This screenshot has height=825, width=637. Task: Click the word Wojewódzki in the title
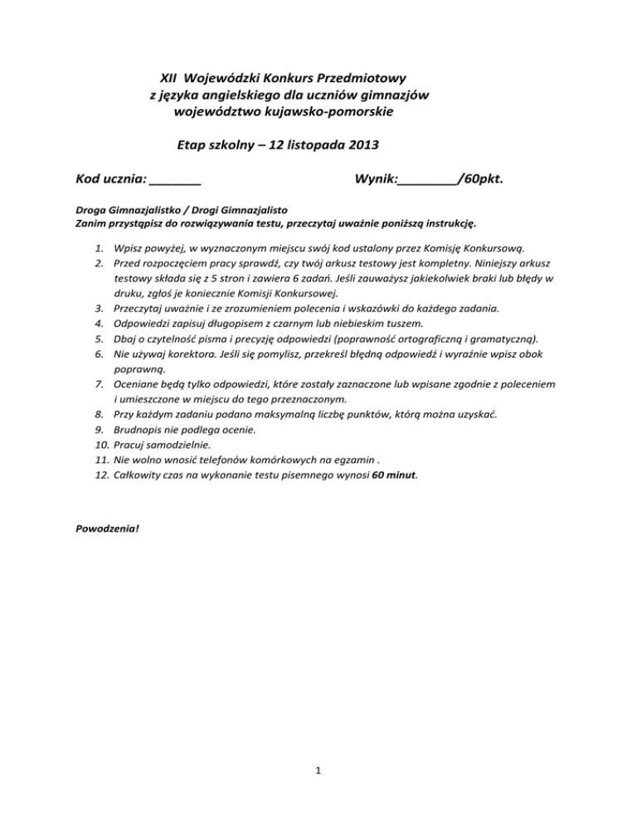(226, 80)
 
